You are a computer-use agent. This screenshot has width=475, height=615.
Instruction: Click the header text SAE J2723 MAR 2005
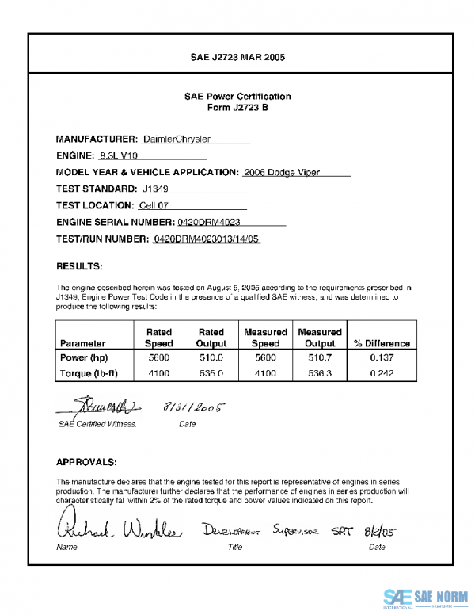coord(237,58)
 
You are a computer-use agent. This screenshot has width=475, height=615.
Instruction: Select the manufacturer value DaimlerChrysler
coord(182,139)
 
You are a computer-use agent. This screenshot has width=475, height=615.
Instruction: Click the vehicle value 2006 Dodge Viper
coord(282,172)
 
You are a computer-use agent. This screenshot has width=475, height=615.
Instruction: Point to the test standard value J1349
coord(156,189)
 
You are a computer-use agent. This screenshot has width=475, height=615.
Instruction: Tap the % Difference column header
coord(382,344)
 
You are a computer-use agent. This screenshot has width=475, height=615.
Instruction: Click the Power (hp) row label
coord(85,357)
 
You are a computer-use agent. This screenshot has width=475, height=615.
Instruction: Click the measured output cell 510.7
coord(320,357)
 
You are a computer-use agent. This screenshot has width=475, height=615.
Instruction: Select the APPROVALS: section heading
coord(87,461)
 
